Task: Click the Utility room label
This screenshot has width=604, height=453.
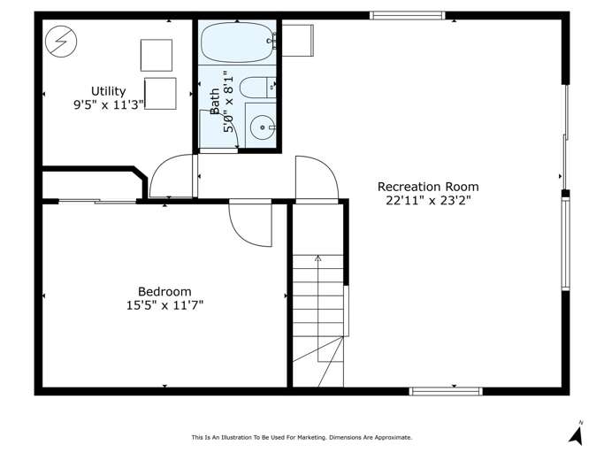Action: tap(108, 91)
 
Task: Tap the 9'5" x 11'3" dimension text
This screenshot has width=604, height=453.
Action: tap(109, 104)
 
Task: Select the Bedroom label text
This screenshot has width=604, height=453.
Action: tap(164, 291)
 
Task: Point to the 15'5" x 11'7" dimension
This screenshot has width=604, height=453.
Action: tap(164, 305)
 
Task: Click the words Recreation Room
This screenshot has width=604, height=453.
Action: tap(428, 187)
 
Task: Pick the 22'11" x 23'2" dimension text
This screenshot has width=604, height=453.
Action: tap(428, 201)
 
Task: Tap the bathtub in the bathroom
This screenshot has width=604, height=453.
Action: tap(236, 42)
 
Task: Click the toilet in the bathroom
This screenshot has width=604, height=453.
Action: tap(257, 88)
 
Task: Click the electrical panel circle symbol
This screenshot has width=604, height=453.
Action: tap(61, 42)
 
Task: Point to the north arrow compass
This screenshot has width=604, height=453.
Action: tap(577, 434)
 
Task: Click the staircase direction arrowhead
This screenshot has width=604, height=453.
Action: tap(317, 258)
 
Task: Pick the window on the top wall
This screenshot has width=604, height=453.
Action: tap(408, 15)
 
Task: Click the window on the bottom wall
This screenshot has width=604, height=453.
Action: tap(446, 391)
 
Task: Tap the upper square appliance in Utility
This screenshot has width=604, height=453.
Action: tap(157, 55)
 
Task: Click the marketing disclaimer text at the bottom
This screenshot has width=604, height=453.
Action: tap(302, 437)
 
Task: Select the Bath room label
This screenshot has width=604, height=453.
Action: tap(215, 102)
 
